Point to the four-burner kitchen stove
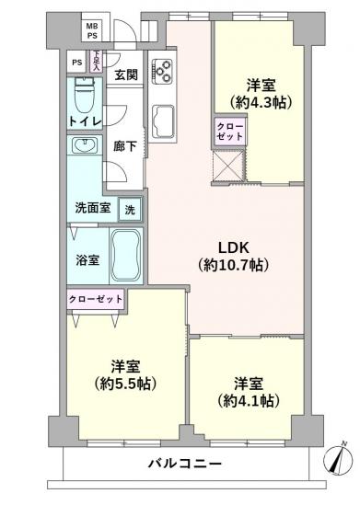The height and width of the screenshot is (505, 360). click(x=163, y=70)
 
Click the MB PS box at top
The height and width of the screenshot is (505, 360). click(x=92, y=29)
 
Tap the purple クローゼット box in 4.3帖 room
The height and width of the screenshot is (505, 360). click(x=229, y=131)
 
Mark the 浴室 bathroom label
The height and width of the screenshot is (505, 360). click(x=87, y=260)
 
